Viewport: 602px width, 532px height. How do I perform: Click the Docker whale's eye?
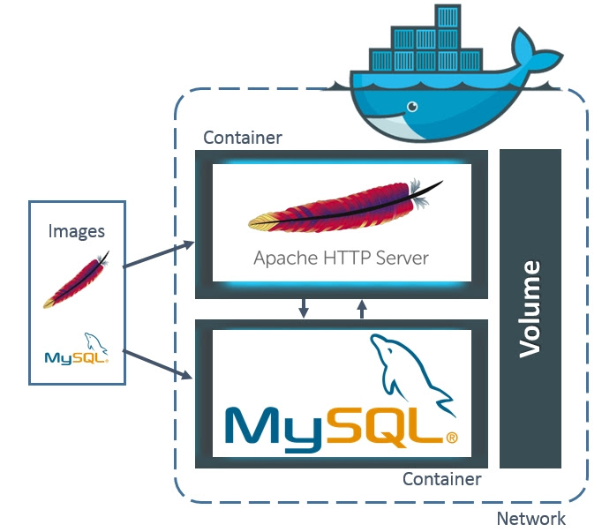(x=412, y=107)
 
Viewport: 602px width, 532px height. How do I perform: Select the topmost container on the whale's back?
(x=448, y=16)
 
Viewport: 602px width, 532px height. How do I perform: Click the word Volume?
(x=530, y=310)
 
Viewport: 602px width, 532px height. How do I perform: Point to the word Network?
(x=531, y=519)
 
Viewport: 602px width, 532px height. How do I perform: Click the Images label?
(x=77, y=231)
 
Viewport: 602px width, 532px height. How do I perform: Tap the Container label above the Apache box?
(x=243, y=138)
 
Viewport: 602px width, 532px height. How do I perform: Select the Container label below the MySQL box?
(x=442, y=479)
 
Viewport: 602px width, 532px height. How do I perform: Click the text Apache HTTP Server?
(x=341, y=258)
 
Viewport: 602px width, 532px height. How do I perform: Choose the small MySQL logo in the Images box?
(x=77, y=348)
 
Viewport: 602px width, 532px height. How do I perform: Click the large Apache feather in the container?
(x=345, y=206)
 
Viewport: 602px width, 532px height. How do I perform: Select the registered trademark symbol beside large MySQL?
(x=452, y=438)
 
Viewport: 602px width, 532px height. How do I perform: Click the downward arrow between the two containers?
(x=304, y=308)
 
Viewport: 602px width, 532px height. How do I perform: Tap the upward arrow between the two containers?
(x=362, y=309)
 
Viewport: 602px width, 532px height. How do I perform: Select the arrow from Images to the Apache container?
(x=159, y=254)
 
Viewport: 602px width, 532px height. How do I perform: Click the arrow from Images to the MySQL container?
(x=157, y=364)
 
